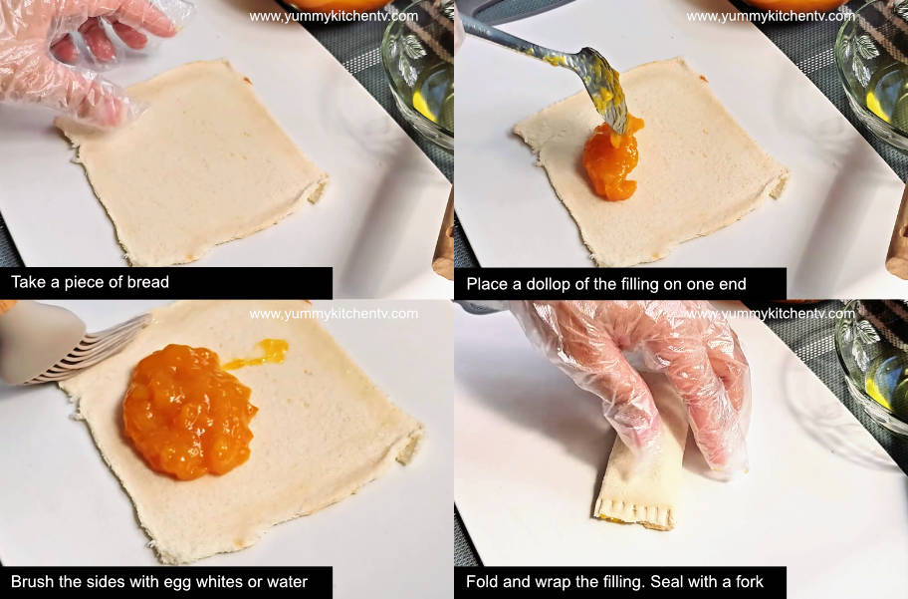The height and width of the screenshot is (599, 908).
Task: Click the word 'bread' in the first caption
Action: coord(147,282)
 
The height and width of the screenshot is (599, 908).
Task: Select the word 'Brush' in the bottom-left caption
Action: coord(32,581)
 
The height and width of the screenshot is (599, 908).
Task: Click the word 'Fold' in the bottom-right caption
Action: coord(484,581)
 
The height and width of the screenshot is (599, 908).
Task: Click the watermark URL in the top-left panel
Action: coord(334,16)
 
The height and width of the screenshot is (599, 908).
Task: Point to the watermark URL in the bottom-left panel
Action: coord(334,313)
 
